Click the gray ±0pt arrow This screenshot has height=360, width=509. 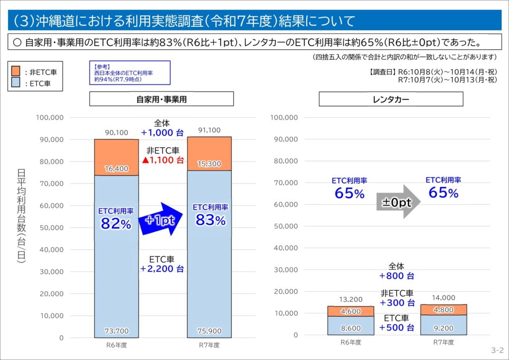[398, 202]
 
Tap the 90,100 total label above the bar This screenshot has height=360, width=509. [116, 133]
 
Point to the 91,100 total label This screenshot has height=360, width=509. [209, 130]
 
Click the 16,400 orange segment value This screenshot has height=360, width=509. [116, 169]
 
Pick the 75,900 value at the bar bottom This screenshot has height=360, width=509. [209, 331]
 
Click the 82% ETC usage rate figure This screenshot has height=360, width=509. [116, 224]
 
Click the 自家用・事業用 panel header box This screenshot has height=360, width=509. [162, 99]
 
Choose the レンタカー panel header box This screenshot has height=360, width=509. [391, 99]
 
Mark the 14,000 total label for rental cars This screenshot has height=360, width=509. [443, 298]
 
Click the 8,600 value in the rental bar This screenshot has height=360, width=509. [351, 328]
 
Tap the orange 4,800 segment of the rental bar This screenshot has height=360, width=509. [443, 309]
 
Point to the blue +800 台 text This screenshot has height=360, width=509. [397, 276]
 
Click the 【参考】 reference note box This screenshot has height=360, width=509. [130, 73]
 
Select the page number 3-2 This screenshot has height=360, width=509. [497, 350]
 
